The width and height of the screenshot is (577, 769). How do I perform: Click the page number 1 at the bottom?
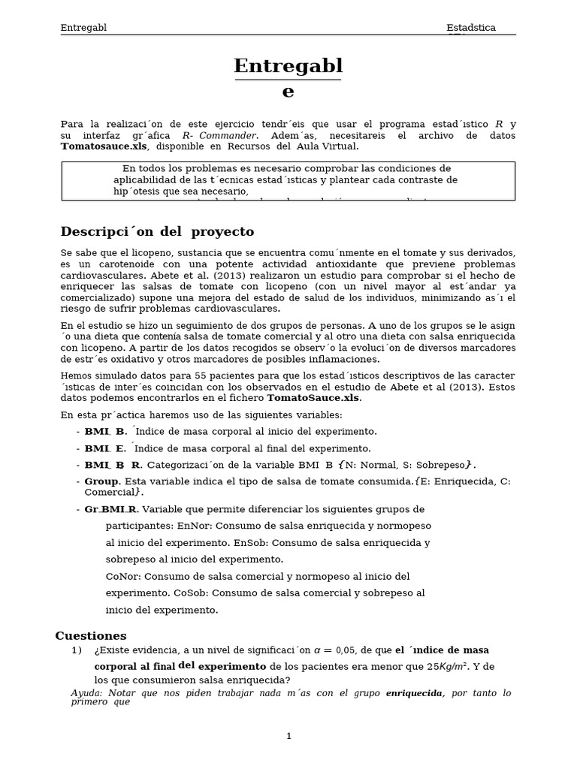click(288, 736)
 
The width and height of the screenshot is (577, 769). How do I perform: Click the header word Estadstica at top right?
click(471, 28)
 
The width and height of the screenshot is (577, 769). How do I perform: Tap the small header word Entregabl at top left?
click(83, 28)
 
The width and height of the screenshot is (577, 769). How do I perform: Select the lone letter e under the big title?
click(288, 92)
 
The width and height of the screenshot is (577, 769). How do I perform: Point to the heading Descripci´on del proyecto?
click(157, 231)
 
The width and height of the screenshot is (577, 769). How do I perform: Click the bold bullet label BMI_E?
click(105, 448)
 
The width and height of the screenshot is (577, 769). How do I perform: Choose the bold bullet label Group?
click(101, 481)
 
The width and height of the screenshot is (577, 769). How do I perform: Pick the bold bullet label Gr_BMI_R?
click(110, 509)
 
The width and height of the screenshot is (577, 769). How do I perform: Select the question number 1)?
click(76, 650)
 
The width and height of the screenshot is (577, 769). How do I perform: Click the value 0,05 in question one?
click(345, 650)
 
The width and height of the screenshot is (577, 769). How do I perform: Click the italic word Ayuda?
click(87, 693)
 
